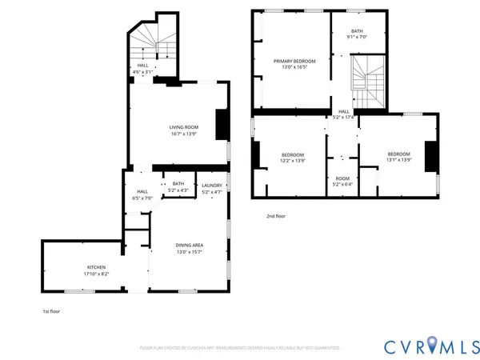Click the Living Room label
[x=184, y=127]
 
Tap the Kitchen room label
[x=96, y=267]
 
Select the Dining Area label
[x=190, y=245]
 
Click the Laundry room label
[x=212, y=186]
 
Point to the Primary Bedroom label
[x=294, y=62]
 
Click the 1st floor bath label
[x=178, y=184]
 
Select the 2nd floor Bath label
[x=356, y=31]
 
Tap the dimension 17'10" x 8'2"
[x=96, y=274]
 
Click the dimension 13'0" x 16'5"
[x=294, y=68]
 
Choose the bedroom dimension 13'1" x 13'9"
[x=398, y=160]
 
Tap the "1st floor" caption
[x=51, y=311]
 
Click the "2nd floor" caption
[x=276, y=216]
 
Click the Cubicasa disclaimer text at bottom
[x=239, y=348]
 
